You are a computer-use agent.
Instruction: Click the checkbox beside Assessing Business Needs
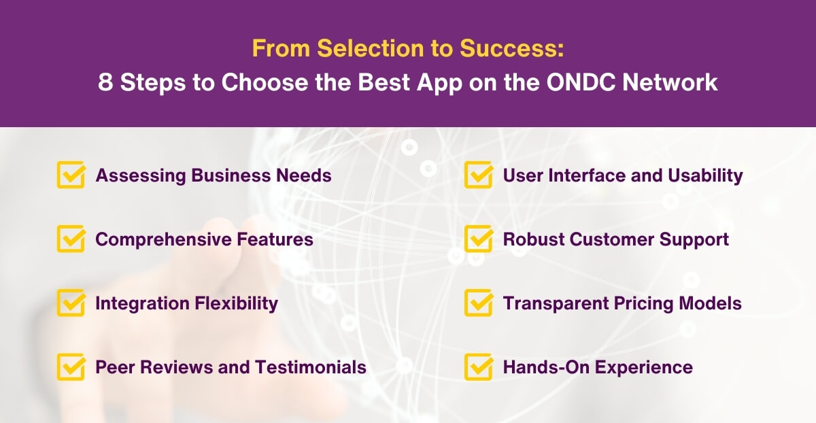coord(71,175)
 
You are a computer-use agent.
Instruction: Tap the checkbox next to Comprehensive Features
coord(71,239)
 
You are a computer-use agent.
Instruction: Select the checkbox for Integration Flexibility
coord(71,303)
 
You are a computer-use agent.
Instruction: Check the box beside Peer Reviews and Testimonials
coord(71,367)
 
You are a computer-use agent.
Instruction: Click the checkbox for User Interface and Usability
coord(479,175)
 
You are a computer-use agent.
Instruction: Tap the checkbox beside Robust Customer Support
coord(479,239)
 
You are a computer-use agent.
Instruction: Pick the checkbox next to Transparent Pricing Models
coord(479,303)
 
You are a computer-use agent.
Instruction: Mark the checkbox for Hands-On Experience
coord(479,367)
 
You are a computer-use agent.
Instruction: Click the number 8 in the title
coord(105,82)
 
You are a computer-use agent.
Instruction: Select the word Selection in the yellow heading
coord(357,49)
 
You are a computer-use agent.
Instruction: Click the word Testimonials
coord(311,367)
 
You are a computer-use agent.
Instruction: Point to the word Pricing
coord(634,303)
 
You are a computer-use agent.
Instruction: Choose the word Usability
coord(705,175)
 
